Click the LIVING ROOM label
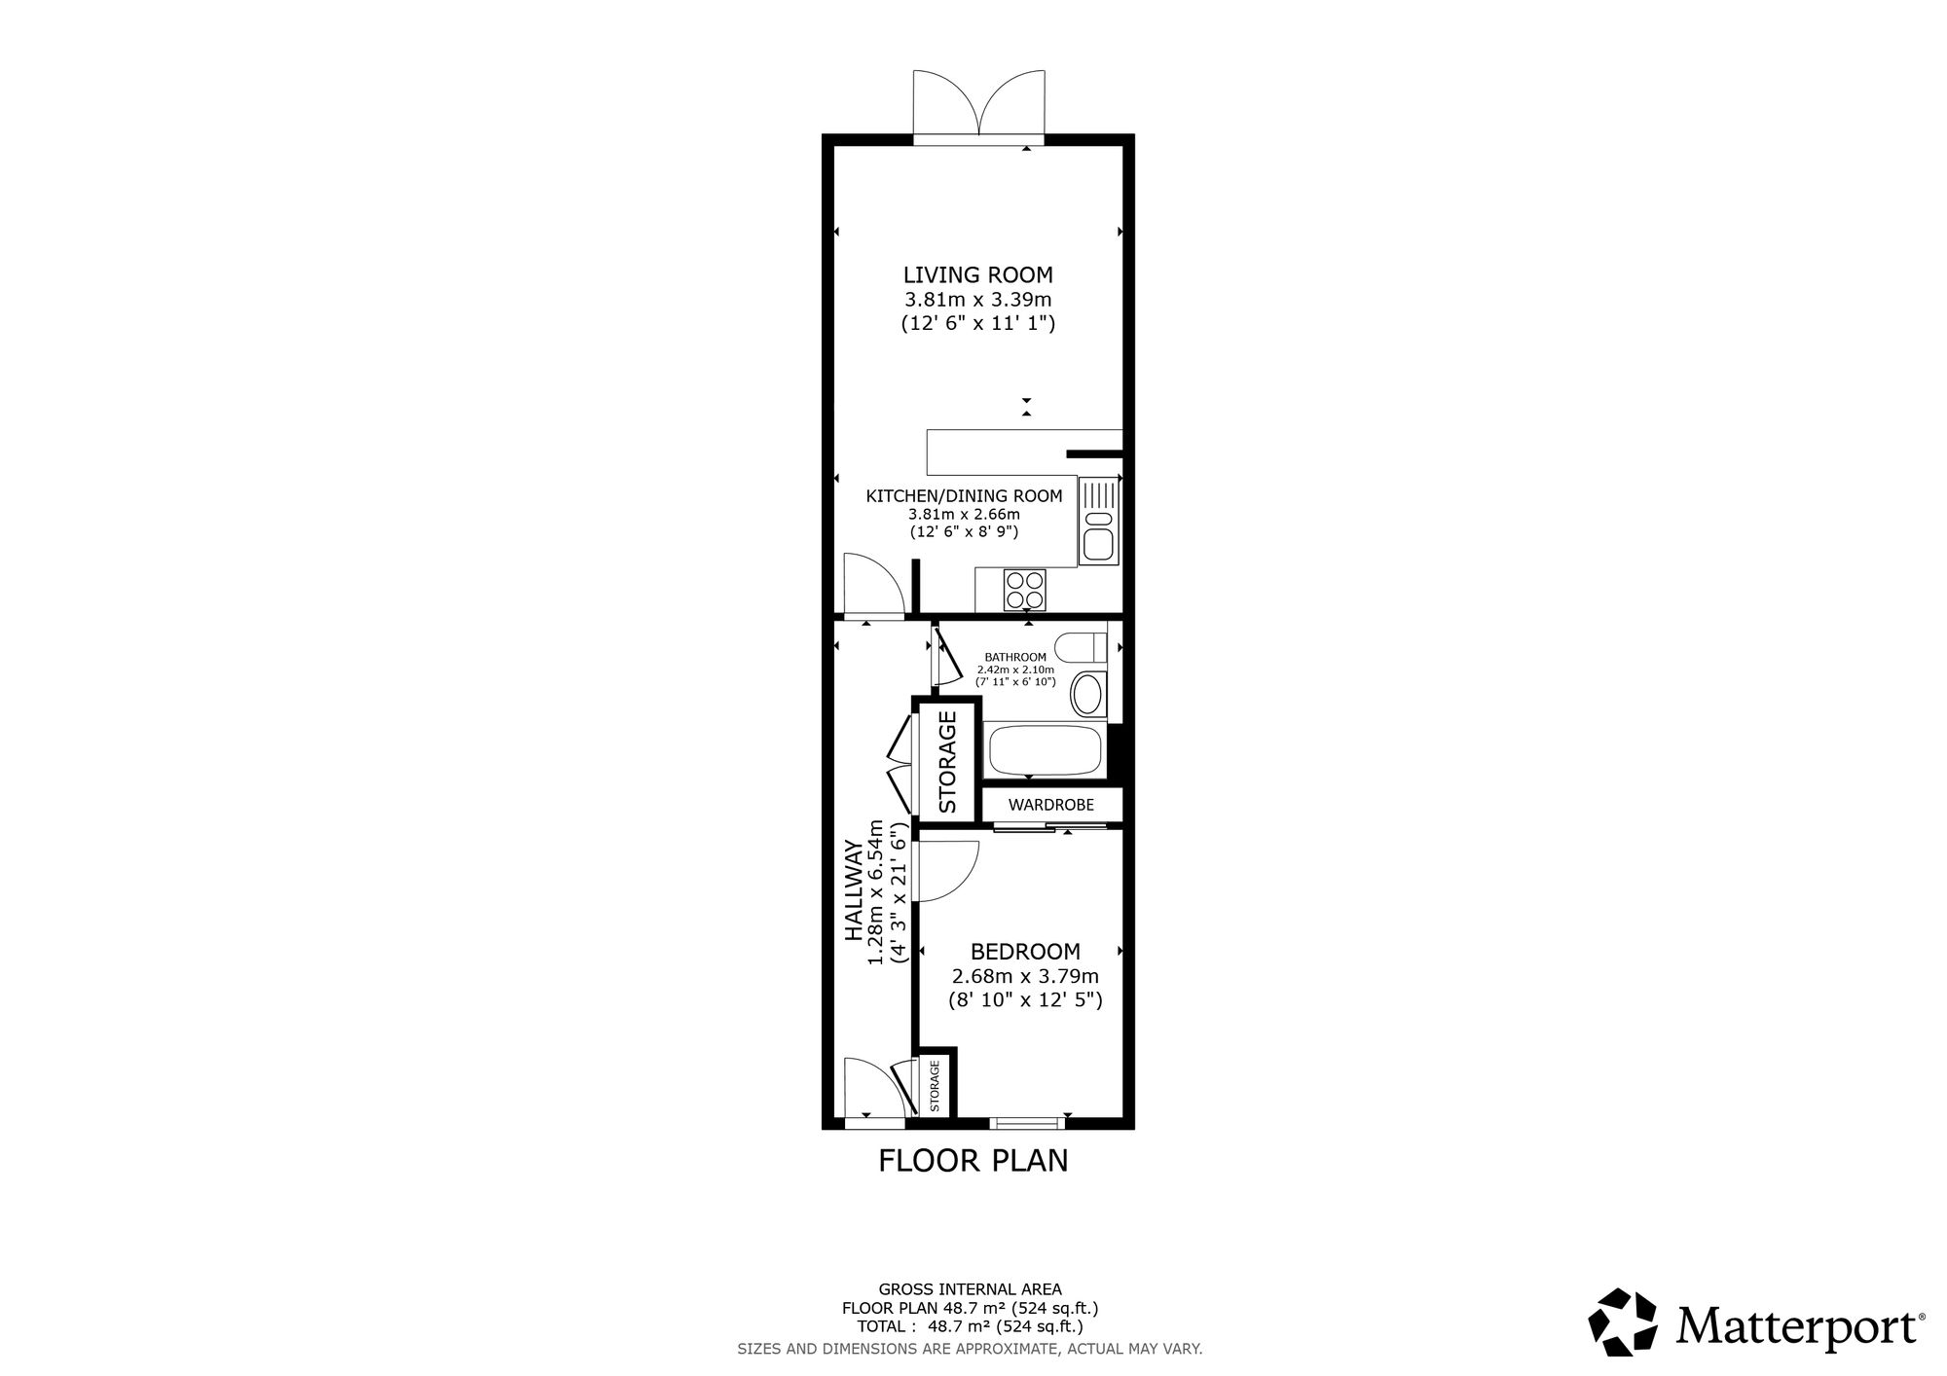tap(977, 274)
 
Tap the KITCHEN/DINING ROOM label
tap(964, 496)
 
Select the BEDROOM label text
tap(1025, 951)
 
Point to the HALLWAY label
tap(854, 890)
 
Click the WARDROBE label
tap(1051, 805)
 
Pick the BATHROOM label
tap(1015, 658)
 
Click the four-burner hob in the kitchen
tap(1025, 590)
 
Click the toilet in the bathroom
tap(1084, 647)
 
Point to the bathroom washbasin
tap(1087, 693)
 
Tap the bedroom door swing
tap(945, 872)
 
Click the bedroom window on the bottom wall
tap(1028, 1123)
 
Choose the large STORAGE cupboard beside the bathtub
tap(947, 761)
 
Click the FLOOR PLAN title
tap(973, 1161)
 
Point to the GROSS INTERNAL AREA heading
tap(971, 1290)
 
